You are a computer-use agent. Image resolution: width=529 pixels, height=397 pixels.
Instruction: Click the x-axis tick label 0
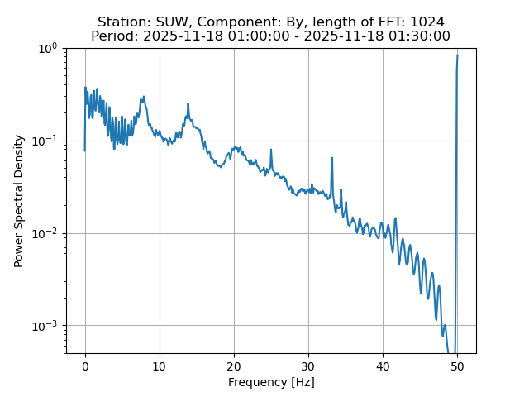point(85,366)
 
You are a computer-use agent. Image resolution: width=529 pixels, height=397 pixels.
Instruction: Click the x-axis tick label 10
point(160,366)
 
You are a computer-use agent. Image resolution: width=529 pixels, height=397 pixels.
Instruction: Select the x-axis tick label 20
point(234,366)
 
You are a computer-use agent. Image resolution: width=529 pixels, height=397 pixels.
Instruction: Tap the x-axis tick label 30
point(308,366)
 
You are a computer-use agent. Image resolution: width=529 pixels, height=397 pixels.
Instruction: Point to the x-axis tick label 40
point(383,366)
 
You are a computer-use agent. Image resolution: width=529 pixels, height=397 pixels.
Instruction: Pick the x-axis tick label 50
point(457,366)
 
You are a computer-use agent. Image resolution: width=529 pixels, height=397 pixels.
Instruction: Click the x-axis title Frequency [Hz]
point(271,382)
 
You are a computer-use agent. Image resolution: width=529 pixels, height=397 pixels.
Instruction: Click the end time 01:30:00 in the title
point(420,36)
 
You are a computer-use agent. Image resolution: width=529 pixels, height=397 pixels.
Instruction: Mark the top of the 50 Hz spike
point(457,55)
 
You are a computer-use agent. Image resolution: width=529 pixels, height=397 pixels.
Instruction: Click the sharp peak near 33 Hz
point(332,158)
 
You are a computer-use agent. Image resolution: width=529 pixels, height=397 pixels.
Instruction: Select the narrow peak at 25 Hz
point(271,151)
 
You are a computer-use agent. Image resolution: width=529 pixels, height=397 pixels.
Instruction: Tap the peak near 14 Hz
point(188,104)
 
